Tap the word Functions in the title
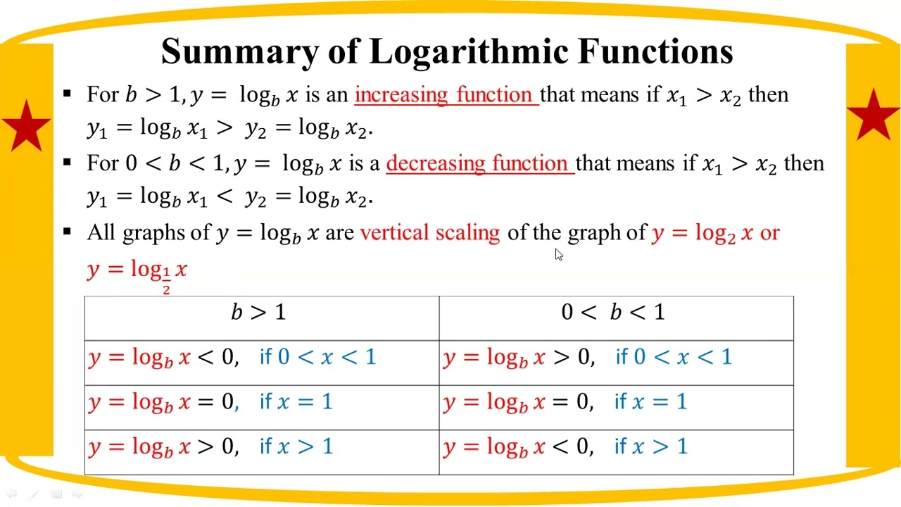655,52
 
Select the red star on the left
27,125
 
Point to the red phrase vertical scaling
429,233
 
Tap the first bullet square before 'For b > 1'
68,92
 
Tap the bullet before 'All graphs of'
68,230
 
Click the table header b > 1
259,312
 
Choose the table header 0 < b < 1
613,312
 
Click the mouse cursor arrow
559,255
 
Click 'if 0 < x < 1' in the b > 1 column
317,357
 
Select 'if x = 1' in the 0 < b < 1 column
650,402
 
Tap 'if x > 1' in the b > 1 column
296,446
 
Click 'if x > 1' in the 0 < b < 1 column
650,446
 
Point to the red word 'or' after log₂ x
769,233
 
